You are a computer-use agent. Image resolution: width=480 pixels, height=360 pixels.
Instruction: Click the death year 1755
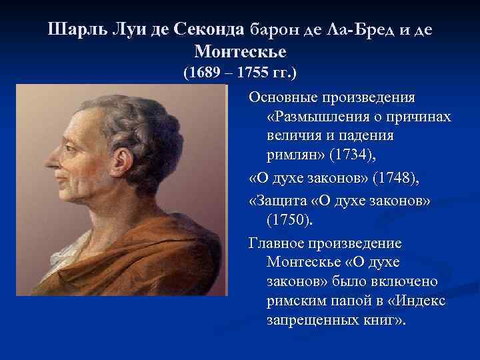coord(254,72)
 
